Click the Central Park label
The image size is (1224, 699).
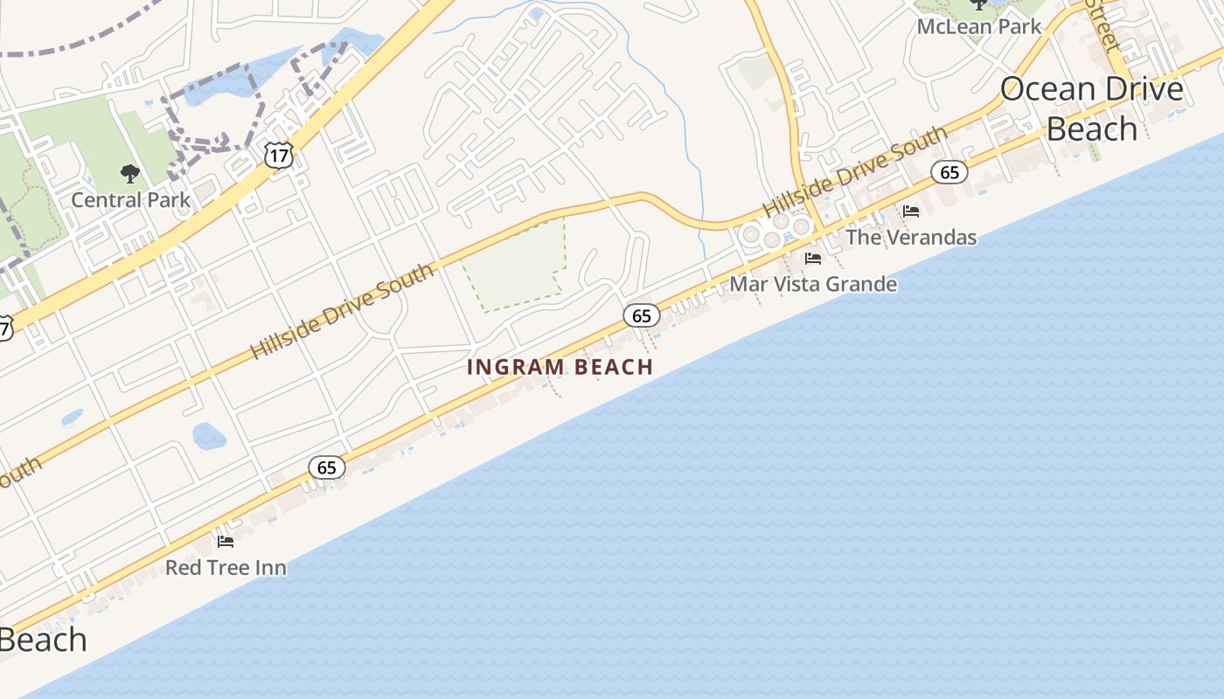pos(130,200)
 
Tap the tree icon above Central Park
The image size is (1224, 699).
pos(130,174)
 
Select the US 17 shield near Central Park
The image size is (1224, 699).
pos(278,156)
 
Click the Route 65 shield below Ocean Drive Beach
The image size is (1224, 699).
pos(949,172)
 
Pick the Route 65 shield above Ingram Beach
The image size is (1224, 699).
pos(642,315)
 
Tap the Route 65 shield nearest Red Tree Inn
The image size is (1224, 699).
pos(327,467)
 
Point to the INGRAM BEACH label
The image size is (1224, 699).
pos(560,367)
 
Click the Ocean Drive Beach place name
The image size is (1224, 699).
pos(1092,108)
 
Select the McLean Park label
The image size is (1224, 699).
pos(979,26)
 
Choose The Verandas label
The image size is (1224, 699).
pos(911,237)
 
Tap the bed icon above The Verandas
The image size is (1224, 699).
pos(911,211)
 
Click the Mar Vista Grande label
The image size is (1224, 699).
pos(813,284)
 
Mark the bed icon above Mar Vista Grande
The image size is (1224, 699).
pos(813,259)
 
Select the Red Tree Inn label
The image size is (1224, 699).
pos(226,568)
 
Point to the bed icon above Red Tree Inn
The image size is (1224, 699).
pos(226,542)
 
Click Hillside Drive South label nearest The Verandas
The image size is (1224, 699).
pos(855,171)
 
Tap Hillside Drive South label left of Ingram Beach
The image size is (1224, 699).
pos(343,312)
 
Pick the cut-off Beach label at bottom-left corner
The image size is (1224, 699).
pos(42,640)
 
